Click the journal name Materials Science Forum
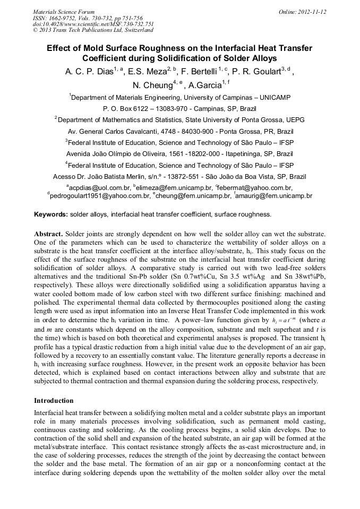click(64, 11)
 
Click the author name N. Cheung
click(150, 85)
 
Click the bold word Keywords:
click(51, 214)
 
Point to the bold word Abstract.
click(48, 234)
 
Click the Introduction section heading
click(54, 400)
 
